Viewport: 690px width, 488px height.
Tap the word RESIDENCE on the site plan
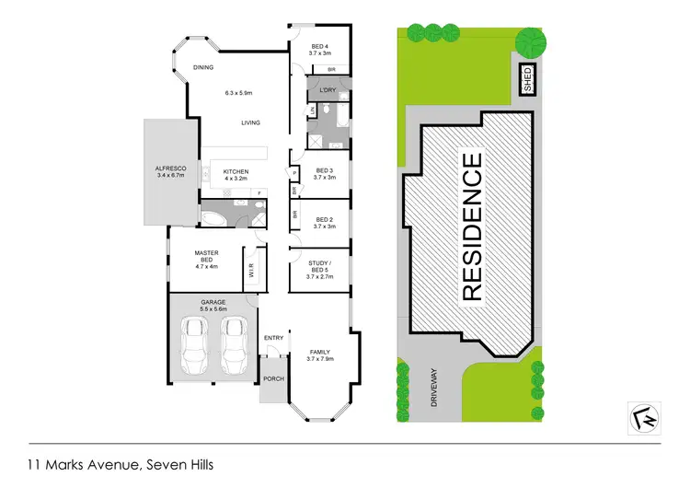pyautogui.click(x=471, y=227)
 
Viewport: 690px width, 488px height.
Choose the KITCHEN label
pyautogui.click(x=236, y=170)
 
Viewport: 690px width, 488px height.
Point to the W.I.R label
pyautogui.click(x=250, y=272)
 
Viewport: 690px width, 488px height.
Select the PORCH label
pyautogui.click(x=273, y=379)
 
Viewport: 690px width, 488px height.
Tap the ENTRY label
pyautogui.click(x=274, y=338)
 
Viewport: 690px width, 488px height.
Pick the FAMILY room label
pyautogui.click(x=320, y=352)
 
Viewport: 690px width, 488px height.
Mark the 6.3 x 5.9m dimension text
pyautogui.click(x=238, y=92)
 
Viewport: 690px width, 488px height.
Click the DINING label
pyautogui.click(x=203, y=66)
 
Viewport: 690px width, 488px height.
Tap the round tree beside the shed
pyautogui.click(x=530, y=41)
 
